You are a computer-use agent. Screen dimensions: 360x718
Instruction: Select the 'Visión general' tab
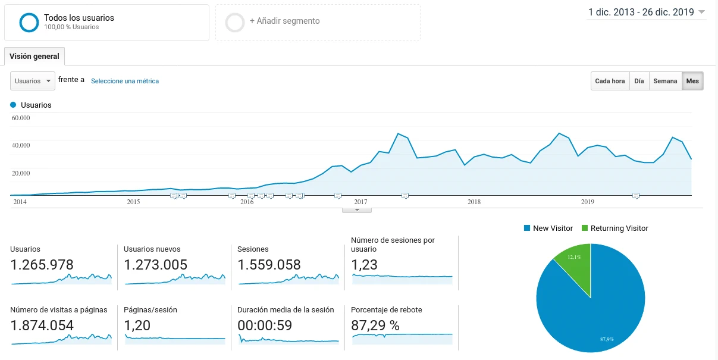click(x=35, y=57)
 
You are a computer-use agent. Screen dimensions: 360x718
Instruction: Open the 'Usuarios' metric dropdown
click(x=33, y=81)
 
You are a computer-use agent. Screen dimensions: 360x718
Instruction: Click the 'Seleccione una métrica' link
click(x=125, y=81)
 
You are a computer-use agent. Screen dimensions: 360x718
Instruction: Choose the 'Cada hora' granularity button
click(x=610, y=81)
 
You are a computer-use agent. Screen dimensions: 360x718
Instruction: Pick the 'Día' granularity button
click(x=639, y=81)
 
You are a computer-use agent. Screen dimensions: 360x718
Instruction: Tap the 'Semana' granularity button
click(x=665, y=81)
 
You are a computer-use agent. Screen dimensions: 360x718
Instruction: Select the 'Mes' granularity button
click(x=692, y=81)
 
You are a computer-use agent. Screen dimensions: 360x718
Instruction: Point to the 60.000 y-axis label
click(x=21, y=118)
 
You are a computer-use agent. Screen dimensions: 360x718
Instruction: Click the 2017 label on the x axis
click(x=360, y=202)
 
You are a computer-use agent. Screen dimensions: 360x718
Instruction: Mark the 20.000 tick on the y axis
click(x=21, y=173)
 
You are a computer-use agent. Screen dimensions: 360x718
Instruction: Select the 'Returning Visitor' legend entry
click(x=619, y=228)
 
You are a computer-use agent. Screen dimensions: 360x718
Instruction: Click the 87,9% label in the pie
click(x=607, y=339)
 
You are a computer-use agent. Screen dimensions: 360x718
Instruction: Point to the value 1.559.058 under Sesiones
click(x=269, y=265)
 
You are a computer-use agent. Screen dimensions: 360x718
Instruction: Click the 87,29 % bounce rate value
click(x=375, y=325)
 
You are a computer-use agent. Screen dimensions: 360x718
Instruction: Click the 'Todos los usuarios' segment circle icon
click(x=29, y=22)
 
